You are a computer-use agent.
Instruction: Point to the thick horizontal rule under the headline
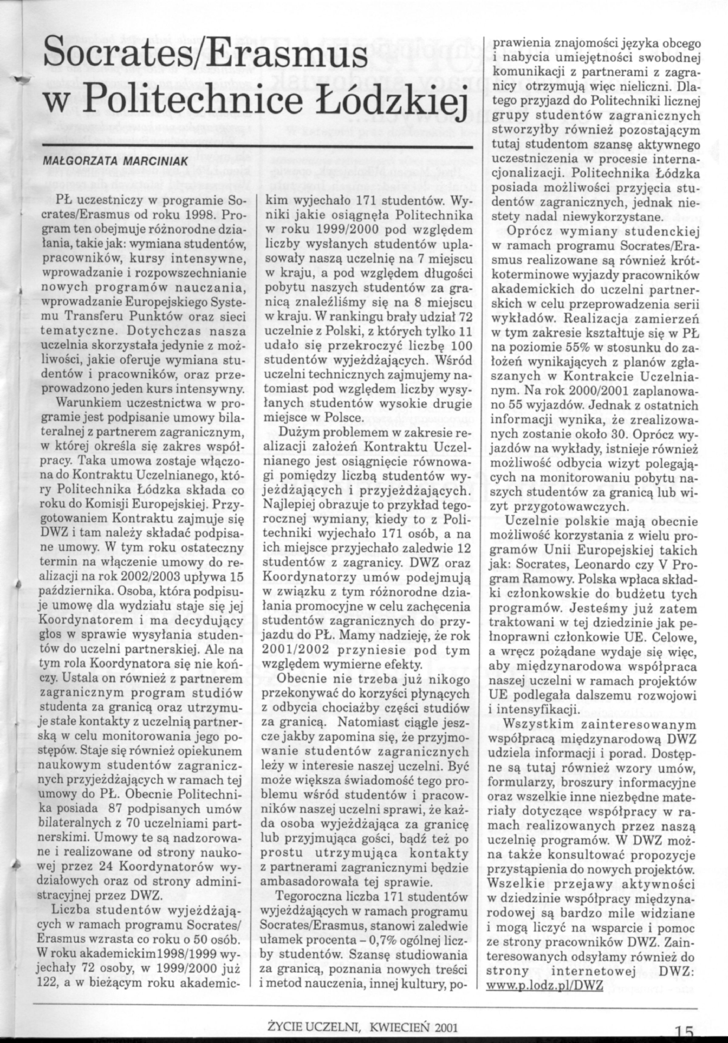pyautogui.click(x=257, y=147)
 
